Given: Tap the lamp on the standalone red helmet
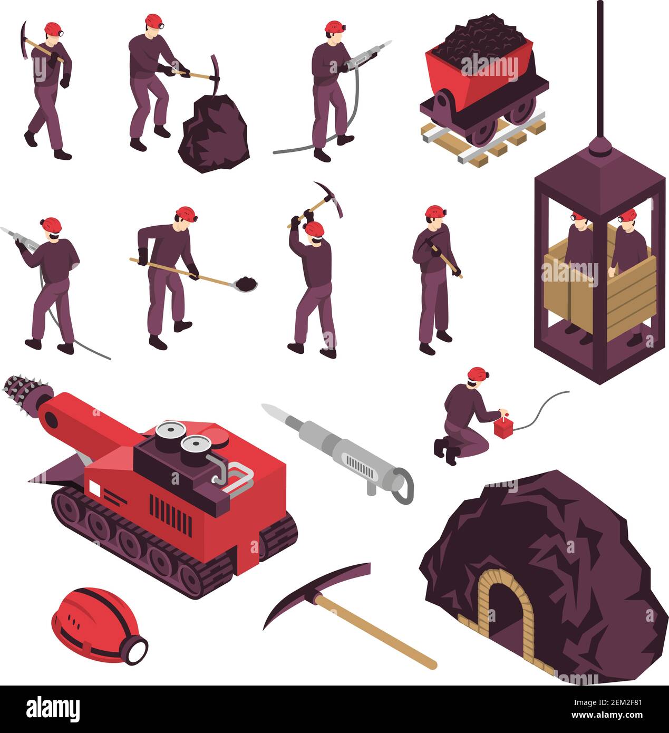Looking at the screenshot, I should [137, 649].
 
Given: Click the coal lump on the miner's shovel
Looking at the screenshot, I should [246, 283].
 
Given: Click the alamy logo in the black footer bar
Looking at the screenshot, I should [53, 708].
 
